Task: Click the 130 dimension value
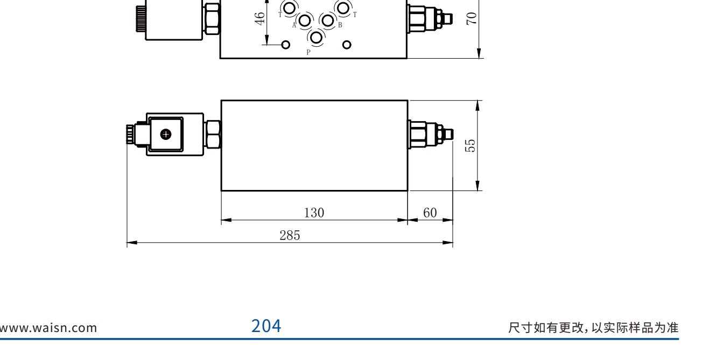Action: tap(314, 213)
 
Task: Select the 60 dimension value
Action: tap(430, 213)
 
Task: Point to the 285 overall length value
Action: tap(290, 235)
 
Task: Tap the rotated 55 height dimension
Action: tap(471, 146)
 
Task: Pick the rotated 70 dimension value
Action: tap(472, 18)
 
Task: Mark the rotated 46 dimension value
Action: tap(260, 19)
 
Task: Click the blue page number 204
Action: tap(266, 326)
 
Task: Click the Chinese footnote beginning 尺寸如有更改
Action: tap(593, 328)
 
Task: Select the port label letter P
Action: tap(308, 52)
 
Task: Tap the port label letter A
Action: tap(294, 25)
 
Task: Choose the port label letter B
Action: tap(340, 25)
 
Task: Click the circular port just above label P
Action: tap(316, 37)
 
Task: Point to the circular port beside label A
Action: tap(305, 20)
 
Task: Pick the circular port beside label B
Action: tap(328, 20)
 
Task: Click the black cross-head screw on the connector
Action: tap(166, 135)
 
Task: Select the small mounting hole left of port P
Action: tap(285, 45)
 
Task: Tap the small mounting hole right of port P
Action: tap(347, 45)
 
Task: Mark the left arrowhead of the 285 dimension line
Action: tap(132, 243)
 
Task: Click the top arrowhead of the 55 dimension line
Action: tap(478, 105)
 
